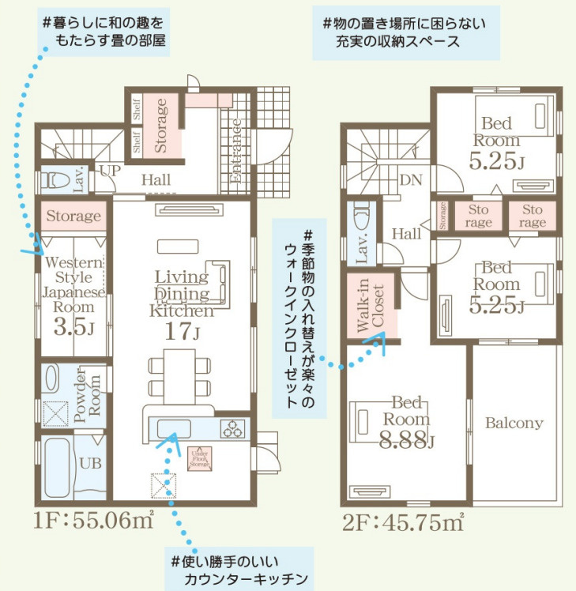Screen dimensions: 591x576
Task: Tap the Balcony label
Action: tap(514, 423)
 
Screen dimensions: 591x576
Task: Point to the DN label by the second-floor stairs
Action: tap(409, 179)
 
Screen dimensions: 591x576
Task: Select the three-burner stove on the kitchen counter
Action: tap(233, 430)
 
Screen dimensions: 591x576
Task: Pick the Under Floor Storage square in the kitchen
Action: tap(199, 459)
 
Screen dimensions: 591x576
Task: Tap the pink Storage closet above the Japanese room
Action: tap(73, 216)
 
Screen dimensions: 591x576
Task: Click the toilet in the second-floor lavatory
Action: tap(361, 216)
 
